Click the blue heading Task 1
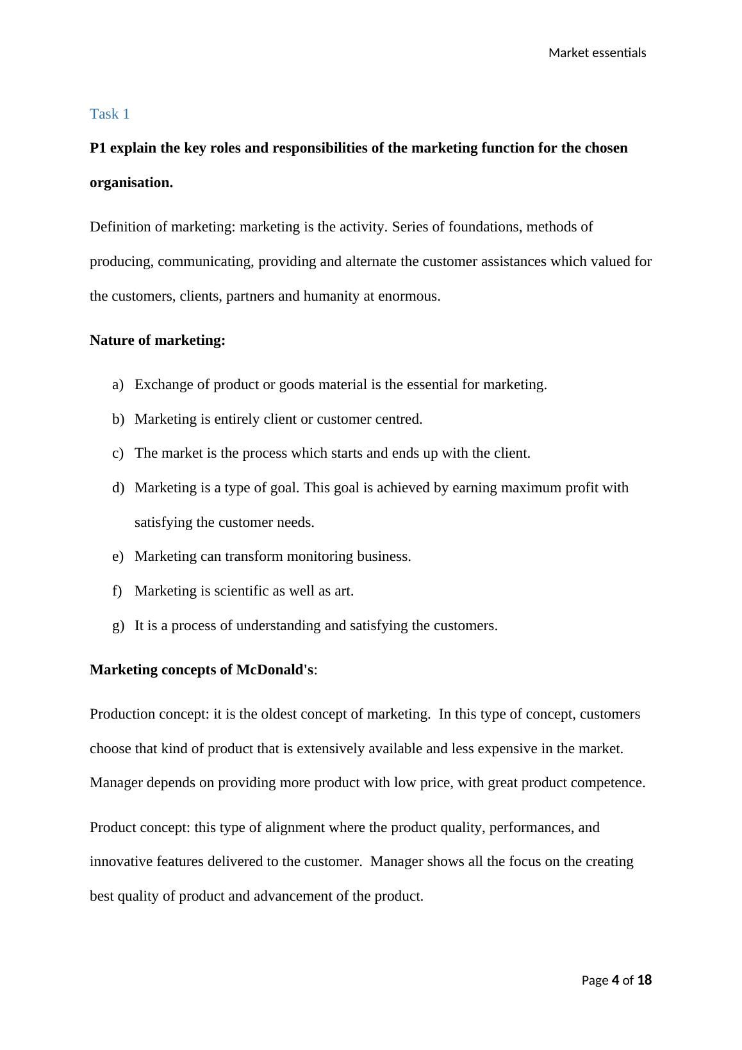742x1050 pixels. coord(110,114)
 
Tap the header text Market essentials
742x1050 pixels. coord(597,53)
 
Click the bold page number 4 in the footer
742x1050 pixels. coord(616,979)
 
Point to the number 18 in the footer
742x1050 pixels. coord(645,979)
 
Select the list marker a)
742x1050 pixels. coord(117,385)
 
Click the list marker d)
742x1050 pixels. coord(117,488)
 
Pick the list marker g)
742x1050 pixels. coord(117,626)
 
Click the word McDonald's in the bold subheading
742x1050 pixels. coord(275,670)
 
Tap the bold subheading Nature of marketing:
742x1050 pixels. coord(158,340)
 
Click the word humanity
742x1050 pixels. coord(331,296)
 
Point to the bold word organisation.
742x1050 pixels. coord(131,183)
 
